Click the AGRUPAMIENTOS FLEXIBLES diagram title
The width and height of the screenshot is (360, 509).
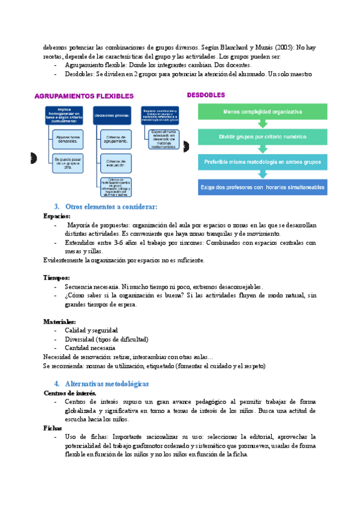coord(84,96)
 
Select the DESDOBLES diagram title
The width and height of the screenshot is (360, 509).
coord(206,95)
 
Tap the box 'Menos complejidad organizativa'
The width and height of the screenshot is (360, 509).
coord(262,112)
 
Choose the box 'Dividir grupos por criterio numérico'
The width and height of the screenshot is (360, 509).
coord(262,137)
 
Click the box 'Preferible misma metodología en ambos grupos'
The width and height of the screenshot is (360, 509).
coord(262,161)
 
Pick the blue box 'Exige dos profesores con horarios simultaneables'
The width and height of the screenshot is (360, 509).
coord(262,187)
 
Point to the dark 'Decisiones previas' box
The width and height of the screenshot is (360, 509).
coord(112,116)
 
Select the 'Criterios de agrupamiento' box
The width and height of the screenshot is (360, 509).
coord(116,139)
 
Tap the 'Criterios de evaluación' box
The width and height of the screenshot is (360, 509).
coord(116,163)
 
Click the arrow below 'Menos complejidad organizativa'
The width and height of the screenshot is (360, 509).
coord(262,124)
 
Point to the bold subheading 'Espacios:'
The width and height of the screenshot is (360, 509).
coord(57,215)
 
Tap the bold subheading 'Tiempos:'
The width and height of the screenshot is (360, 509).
coord(57,277)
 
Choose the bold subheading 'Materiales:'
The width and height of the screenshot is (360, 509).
coord(59,322)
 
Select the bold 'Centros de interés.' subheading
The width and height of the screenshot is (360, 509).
coord(70,393)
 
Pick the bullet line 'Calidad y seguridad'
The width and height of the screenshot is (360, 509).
coord(91,331)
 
